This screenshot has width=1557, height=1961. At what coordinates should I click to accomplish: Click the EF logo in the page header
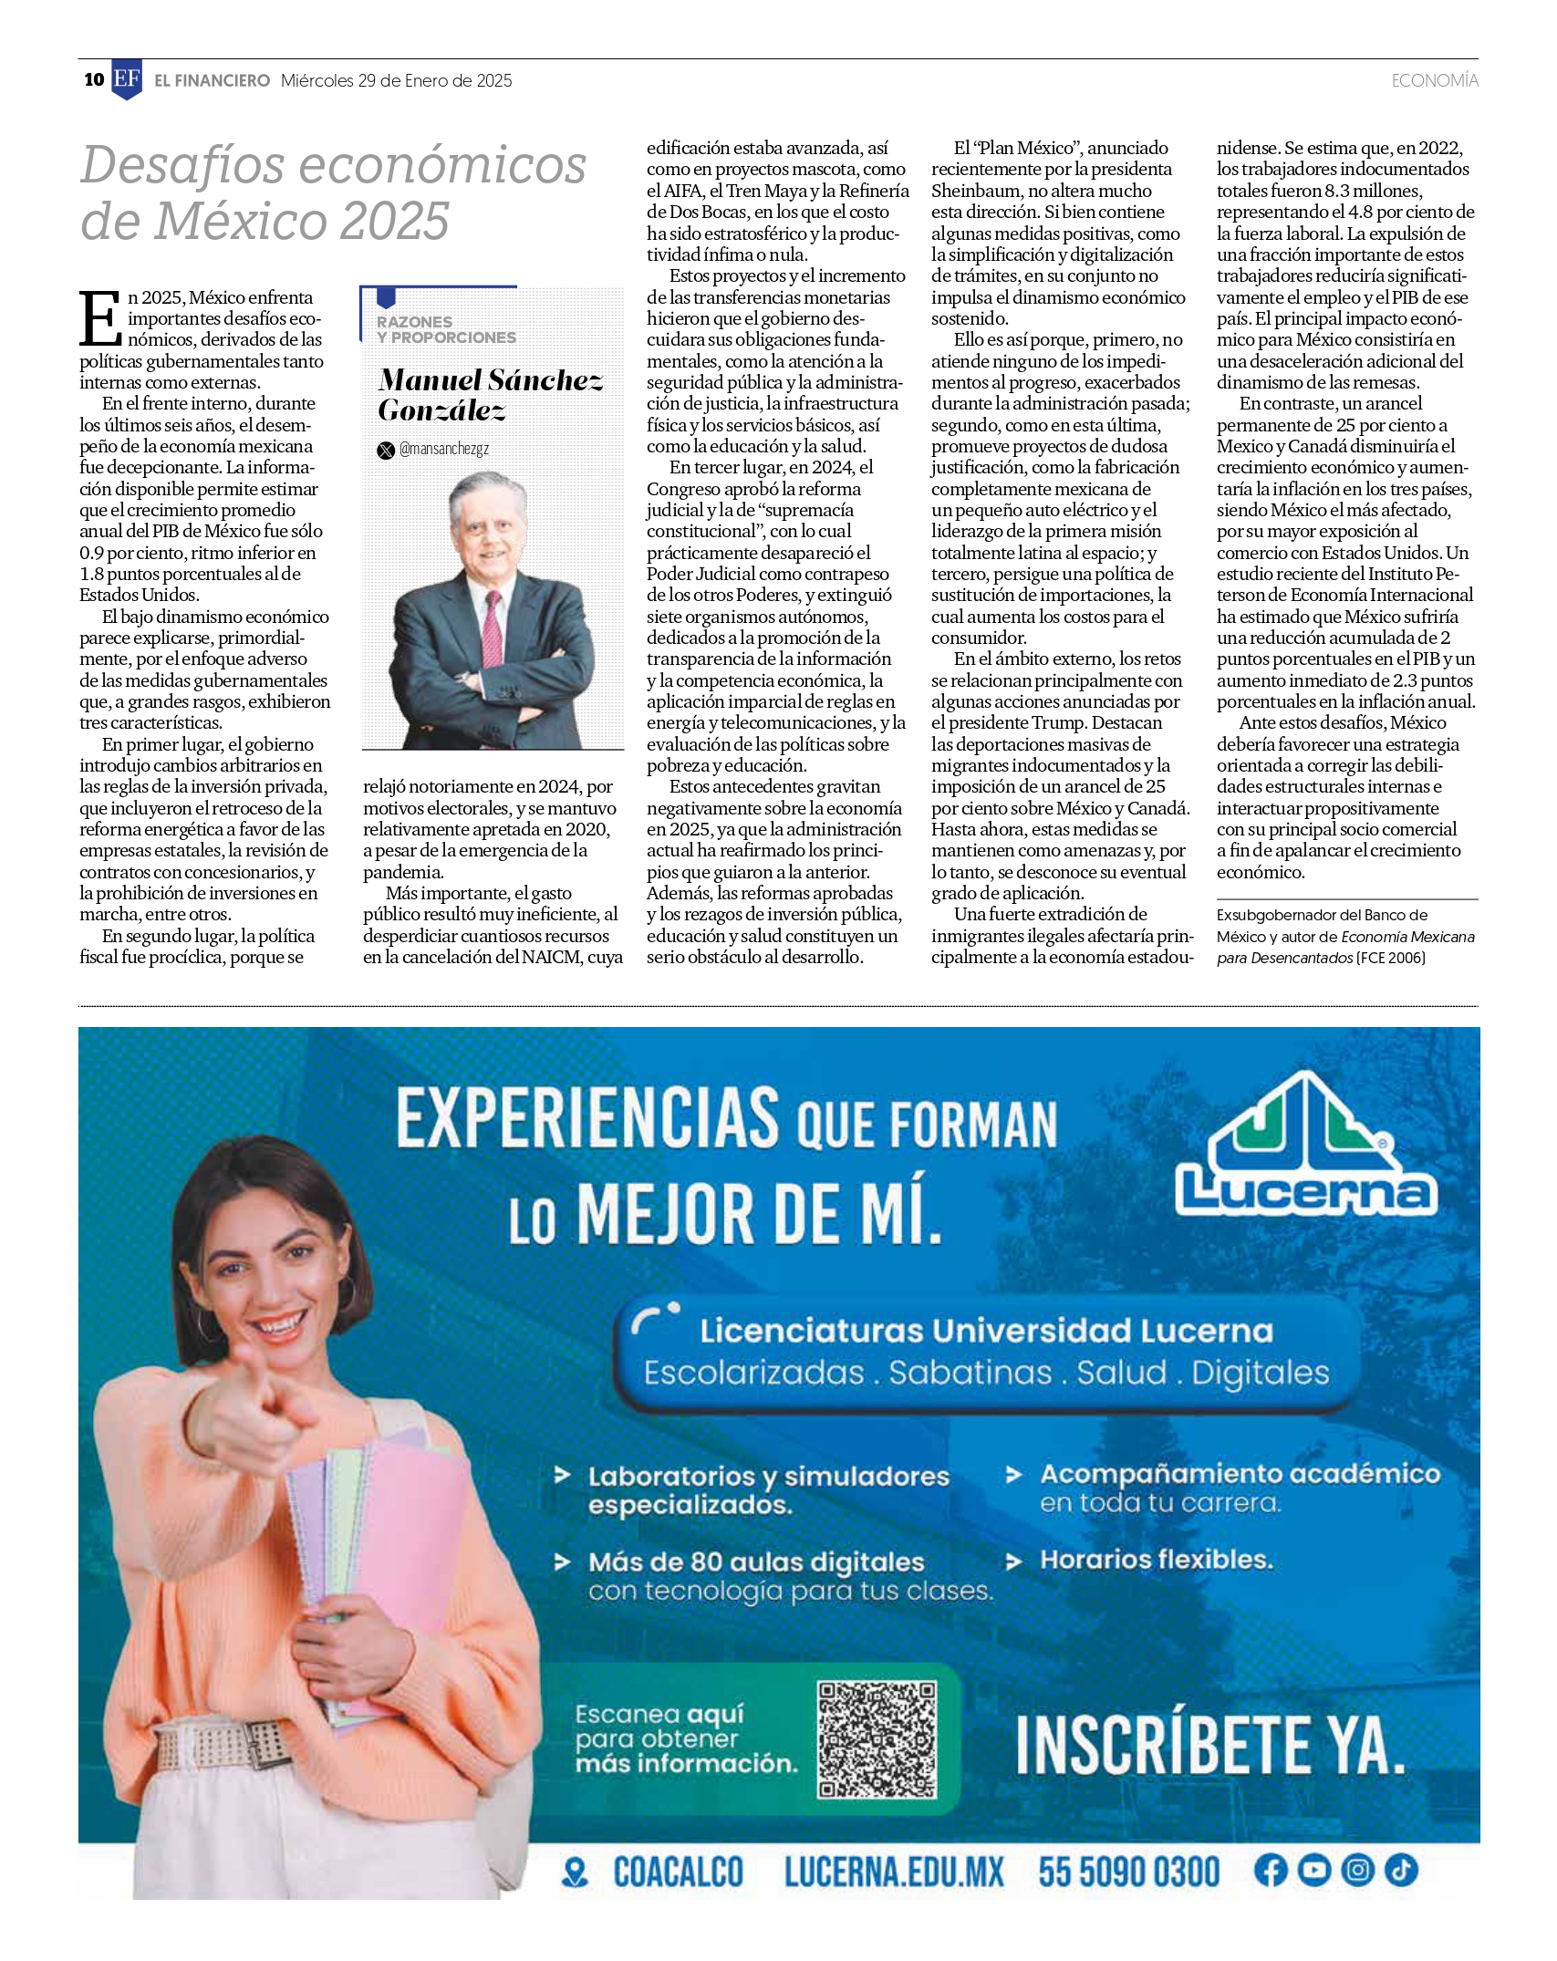[127, 79]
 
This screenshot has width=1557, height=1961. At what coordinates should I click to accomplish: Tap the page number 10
[94, 80]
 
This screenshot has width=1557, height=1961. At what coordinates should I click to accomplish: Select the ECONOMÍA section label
[1434, 80]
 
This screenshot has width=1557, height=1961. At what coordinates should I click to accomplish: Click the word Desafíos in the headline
[184, 166]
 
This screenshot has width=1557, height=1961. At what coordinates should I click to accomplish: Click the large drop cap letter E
[100, 319]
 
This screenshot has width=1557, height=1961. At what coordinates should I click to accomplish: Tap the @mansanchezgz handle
[443, 449]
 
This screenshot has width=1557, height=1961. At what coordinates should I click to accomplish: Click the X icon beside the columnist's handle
[386, 450]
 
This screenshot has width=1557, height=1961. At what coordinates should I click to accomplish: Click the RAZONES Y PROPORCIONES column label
[446, 329]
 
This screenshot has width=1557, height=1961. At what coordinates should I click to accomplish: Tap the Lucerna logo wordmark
[1306, 1191]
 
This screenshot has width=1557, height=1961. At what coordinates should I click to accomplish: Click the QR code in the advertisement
[877, 1739]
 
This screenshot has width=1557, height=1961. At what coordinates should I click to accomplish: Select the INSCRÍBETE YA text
[1209, 1744]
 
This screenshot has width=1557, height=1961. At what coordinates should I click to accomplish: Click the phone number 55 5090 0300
[1128, 1872]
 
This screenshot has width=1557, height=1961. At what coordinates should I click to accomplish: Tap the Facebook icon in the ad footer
[1270, 1870]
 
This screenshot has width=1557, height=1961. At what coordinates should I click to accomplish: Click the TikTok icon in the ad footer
[1400, 1870]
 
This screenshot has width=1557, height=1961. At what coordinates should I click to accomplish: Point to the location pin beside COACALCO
[575, 1873]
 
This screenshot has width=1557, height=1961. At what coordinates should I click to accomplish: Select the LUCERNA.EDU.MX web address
[893, 1873]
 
